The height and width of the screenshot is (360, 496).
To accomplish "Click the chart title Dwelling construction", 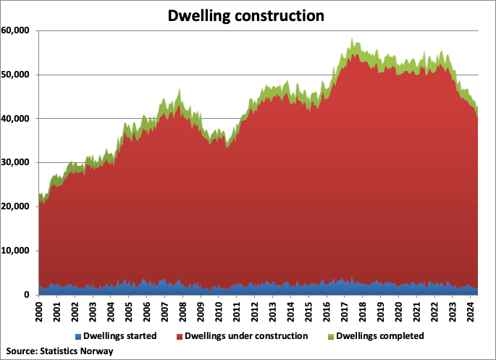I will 247,14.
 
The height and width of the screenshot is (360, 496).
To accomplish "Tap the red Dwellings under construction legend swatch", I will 180,336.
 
